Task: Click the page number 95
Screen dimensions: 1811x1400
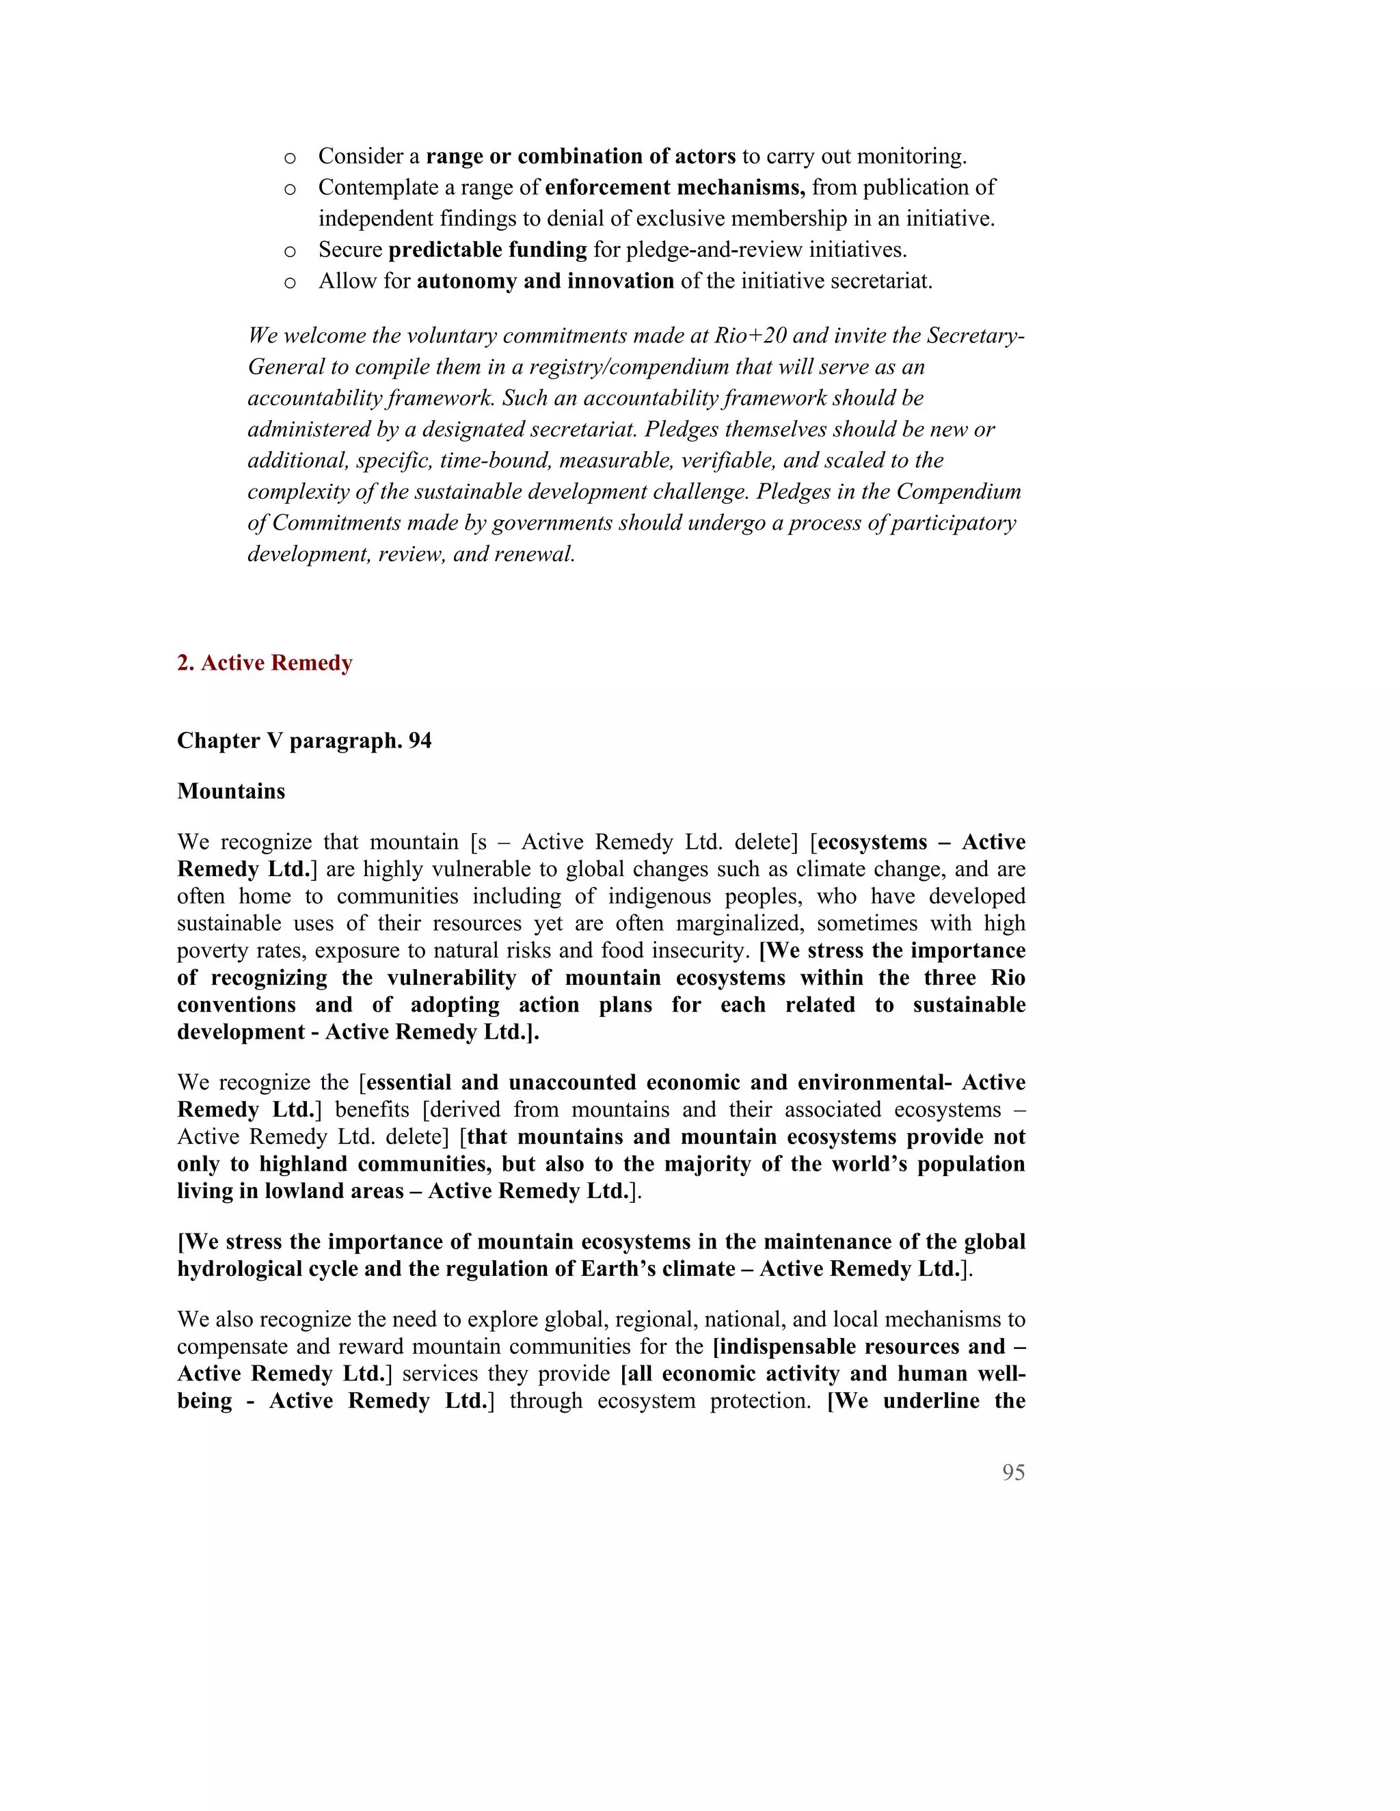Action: tap(1012, 1473)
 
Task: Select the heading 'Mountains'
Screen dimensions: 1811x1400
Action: tap(230, 791)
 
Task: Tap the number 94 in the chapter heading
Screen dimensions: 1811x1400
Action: tap(420, 741)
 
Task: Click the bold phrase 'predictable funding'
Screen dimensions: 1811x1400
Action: tap(487, 249)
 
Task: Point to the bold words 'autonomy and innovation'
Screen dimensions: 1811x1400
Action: tap(545, 281)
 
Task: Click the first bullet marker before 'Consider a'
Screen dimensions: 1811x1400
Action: tap(289, 158)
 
